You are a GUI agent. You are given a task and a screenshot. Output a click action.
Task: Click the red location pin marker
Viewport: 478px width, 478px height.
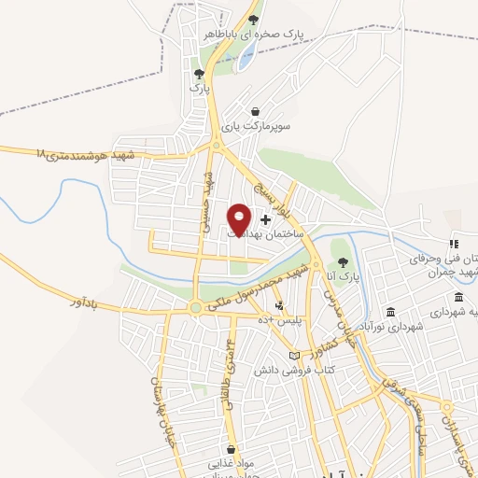click(x=239, y=218)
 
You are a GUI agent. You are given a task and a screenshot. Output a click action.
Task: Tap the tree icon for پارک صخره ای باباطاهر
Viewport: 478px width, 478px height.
click(x=254, y=20)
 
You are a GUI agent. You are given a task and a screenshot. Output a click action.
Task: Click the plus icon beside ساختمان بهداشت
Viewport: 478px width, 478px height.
click(x=266, y=219)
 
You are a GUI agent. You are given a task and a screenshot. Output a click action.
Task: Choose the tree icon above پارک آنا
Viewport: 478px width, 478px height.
click(x=343, y=262)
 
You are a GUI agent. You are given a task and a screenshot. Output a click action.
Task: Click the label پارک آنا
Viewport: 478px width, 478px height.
click(x=343, y=277)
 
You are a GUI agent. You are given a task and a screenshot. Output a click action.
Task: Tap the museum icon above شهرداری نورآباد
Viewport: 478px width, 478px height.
click(x=390, y=311)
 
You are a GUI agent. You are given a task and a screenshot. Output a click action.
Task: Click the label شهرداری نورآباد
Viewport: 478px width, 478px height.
click(x=391, y=326)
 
